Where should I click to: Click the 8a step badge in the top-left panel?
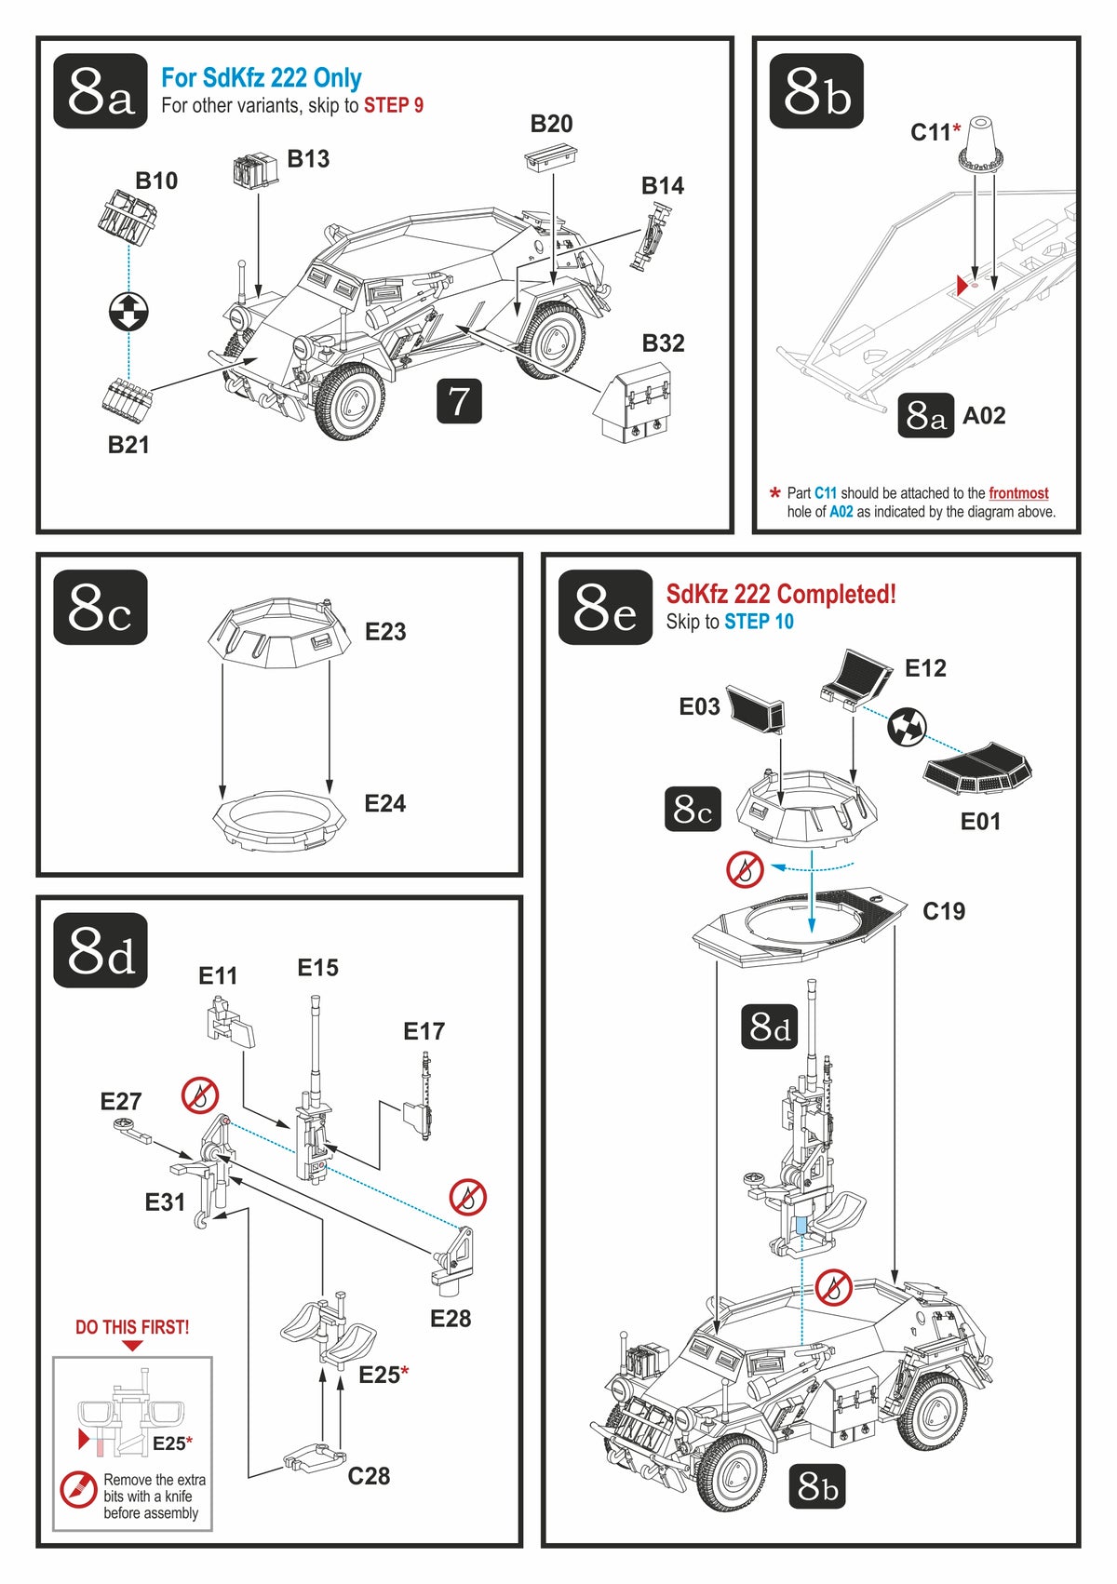point(101,91)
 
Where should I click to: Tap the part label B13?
point(308,159)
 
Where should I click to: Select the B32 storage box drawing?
point(633,402)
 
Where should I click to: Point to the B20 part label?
point(551,124)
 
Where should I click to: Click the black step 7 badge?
point(459,401)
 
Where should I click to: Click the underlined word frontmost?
point(1018,493)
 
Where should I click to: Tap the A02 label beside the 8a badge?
point(984,416)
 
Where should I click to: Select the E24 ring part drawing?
point(279,819)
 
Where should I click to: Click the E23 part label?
point(385,632)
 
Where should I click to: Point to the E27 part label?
point(121,1102)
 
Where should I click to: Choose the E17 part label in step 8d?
point(424,1031)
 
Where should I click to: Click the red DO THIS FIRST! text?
point(132,1327)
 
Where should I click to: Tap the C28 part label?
point(369,1476)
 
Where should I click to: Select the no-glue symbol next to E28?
point(468,1197)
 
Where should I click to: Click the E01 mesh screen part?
point(977,770)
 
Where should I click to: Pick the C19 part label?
point(944,911)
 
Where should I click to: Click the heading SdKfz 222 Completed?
point(781,594)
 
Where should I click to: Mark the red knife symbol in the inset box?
point(78,1490)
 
